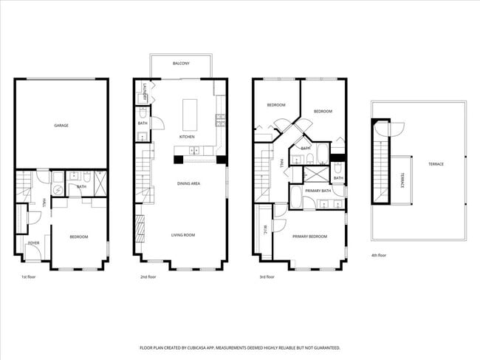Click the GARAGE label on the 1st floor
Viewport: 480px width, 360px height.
[x=61, y=126]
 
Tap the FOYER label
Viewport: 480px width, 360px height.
[x=34, y=242]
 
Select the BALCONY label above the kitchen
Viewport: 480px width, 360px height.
[x=180, y=64]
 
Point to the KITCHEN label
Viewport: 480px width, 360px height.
[x=188, y=137]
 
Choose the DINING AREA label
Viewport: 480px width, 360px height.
[x=188, y=183]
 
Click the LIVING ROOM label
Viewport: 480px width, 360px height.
[x=183, y=235]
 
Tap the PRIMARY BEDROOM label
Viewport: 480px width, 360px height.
[x=309, y=237]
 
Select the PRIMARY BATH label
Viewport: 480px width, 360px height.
[x=318, y=191]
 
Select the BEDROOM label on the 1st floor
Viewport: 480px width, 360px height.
[x=78, y=237]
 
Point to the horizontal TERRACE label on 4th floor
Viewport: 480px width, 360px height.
[x=436, y=163]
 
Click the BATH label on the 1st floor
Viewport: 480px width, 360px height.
[x=81, y=186]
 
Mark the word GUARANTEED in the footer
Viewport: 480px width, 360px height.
[x=324, y=347]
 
